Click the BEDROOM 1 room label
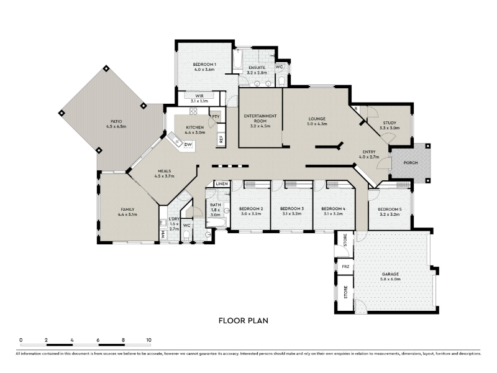204,65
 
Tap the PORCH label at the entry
411,163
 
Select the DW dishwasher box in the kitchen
188,145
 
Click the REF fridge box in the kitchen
221,139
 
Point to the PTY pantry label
216,117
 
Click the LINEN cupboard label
222,184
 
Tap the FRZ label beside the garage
345,267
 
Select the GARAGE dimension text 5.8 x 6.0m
391,279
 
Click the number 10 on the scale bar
148,340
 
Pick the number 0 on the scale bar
21,340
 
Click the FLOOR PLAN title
244,321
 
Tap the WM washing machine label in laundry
163,235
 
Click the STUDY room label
390,122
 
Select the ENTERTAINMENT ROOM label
260,118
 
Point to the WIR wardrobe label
199,96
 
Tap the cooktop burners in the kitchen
193,111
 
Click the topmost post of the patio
106,68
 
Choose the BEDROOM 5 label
390,210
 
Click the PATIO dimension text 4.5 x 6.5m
116,127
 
